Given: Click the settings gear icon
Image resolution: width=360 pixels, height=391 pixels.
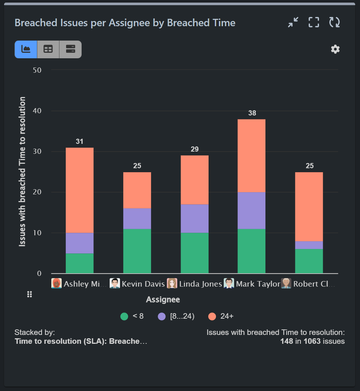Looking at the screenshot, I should coord(335,49).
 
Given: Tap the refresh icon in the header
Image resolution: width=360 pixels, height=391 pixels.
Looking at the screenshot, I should coord(335,23).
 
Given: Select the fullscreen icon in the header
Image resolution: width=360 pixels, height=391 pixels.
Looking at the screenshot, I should coord(314,23).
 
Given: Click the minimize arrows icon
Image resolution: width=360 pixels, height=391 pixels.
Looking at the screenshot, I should coord(293,23).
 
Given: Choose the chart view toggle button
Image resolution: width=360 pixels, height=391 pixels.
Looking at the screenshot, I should coord(26,49).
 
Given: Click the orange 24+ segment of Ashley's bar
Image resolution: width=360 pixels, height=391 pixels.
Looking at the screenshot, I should coord(79,190).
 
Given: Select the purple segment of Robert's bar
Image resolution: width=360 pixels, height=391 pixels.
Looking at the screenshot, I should coord(309,245).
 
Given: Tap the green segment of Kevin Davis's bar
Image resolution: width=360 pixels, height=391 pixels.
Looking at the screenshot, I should coord(137,251).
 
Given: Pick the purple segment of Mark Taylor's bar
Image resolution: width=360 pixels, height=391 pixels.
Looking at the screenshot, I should coord(251,211).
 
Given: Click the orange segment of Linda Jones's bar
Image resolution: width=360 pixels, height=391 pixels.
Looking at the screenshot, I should coord(195,180).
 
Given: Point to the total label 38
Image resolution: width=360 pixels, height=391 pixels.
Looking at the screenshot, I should coord(252,113).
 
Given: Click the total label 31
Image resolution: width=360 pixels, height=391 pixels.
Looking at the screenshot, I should coord(79,142).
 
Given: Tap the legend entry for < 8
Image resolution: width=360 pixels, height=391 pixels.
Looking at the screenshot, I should coord(132,316).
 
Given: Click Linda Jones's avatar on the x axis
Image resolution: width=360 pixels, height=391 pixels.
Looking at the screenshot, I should coord(172,283).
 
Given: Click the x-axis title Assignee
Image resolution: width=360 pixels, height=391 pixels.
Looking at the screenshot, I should coord(163,300).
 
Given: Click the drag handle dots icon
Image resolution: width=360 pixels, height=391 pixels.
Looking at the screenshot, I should coord(30,294).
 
